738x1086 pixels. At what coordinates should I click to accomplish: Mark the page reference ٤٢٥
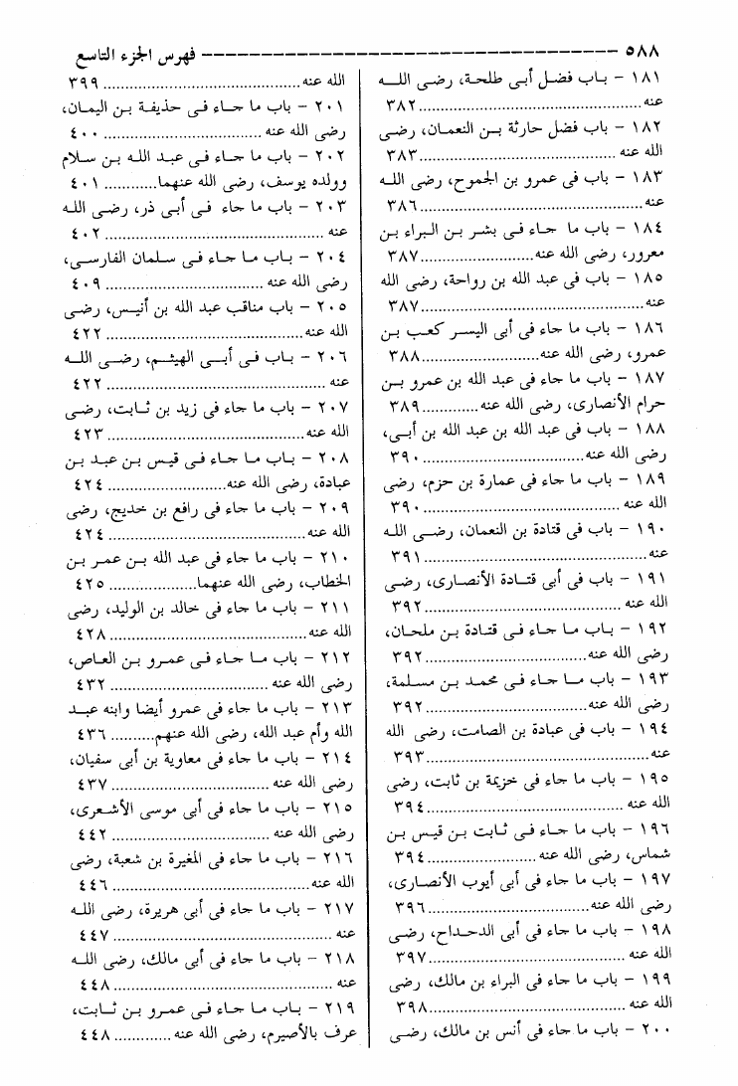click(89, 583)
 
